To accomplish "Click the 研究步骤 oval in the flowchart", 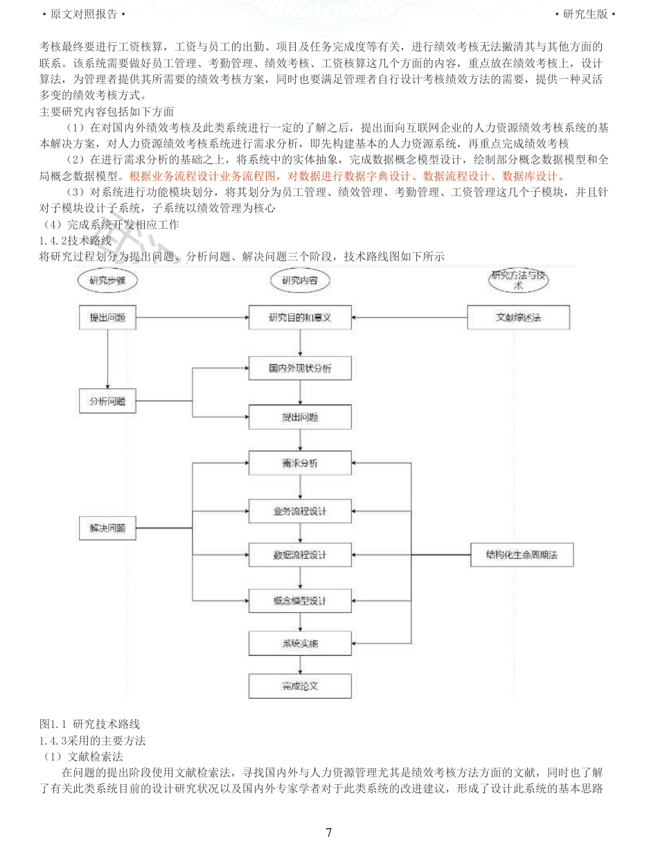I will [107, 281].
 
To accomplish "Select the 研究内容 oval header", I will [300, 281].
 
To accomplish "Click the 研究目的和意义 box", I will [300, 318].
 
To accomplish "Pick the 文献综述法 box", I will [519, 318].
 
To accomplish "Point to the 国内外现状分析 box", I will [300, 369].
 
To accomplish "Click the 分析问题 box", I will [107, 402].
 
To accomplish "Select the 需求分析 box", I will [300, 463].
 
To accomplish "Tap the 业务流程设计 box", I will [300, 512].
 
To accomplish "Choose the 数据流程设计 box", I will [300, 556].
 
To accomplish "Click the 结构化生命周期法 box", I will [522, 556].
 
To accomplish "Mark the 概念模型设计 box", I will [300, 601].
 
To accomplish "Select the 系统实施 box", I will [300, 644].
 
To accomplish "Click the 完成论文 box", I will [300, 686].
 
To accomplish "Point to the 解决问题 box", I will [107, 529].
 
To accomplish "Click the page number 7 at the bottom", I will [328, 833].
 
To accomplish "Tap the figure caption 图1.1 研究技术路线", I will [90, 724].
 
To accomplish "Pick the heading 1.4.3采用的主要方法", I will [93, 740].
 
